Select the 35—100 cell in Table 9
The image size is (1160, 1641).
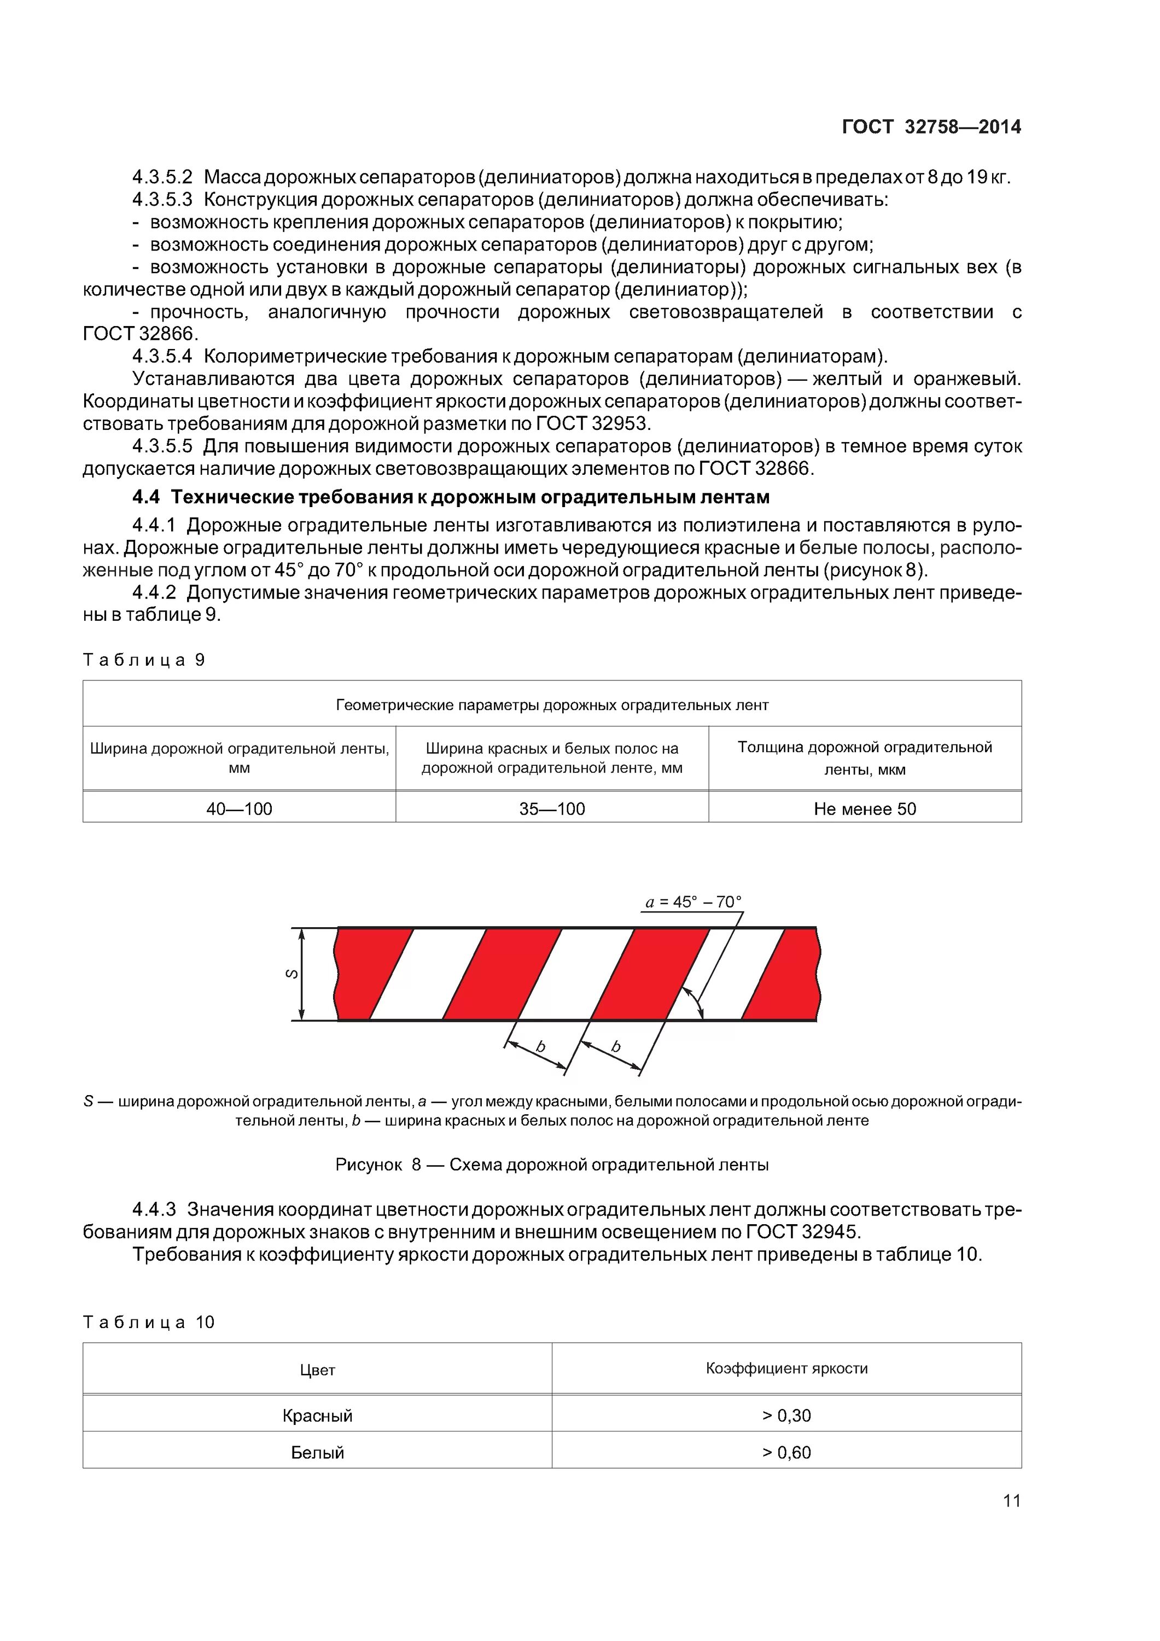click(552, 808)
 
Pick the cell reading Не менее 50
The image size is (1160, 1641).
click(864, 808)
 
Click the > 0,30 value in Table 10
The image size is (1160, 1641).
click(786, 1415)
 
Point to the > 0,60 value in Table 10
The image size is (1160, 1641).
click(786, 1452)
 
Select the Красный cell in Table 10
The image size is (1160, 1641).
click(317, 1415)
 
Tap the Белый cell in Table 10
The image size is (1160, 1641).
click(317, 1452)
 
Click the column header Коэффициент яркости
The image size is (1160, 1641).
click(786, 1368)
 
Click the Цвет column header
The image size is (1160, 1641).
click(317, 1369)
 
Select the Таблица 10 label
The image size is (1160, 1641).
click(149, 1322)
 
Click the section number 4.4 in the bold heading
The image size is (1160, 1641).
click(147, 497)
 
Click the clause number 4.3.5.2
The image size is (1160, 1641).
click(162, 177)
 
